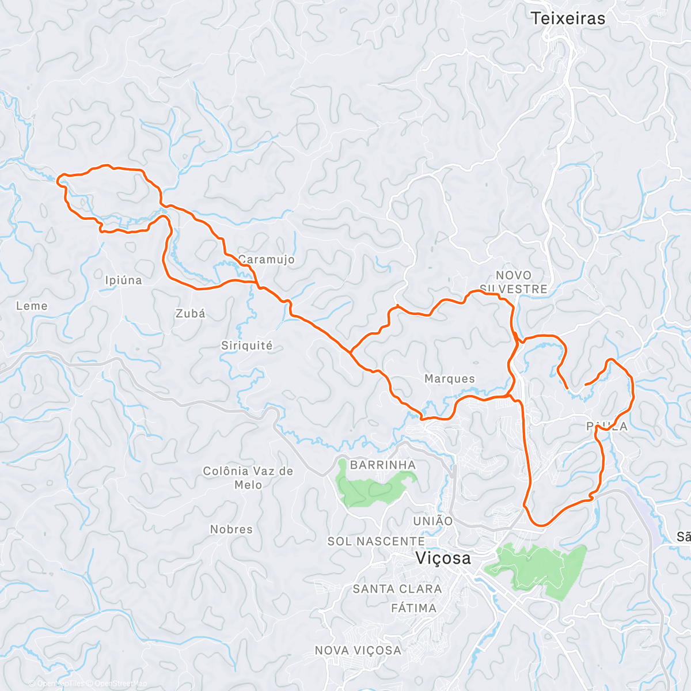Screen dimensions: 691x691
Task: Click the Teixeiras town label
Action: tap(568, 18)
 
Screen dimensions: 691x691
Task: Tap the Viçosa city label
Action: tap(443, 558)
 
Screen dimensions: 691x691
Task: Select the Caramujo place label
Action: tap(267, 260)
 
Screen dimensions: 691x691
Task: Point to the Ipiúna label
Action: tap(123, 280)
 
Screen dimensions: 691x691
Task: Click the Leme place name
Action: tap(32, 306)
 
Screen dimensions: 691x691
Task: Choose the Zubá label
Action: tap(190, 313)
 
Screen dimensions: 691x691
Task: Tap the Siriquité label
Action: tap(247, 345)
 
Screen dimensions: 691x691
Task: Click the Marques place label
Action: tap(450, 378)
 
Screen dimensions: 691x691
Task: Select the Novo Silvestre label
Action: tap(513, 282)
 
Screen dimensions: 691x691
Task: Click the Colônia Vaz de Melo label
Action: tap(248, 478)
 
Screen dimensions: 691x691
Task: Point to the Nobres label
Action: tap(231, 529)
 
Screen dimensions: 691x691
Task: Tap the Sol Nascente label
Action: tap(376, 541)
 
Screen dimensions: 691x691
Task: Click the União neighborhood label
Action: tap(433, 521)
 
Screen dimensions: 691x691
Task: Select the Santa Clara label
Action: tap(397, 589)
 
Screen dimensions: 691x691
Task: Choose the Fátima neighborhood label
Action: tap(413, 608)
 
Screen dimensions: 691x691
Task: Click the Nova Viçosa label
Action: tap(358, 650)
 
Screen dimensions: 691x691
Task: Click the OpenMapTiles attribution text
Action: tap(60, 684)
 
